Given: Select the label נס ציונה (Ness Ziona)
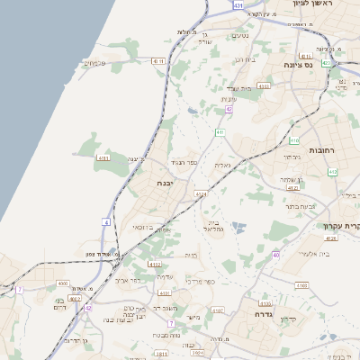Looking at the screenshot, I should point(321,65).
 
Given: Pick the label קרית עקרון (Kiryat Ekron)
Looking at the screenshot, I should point(341,225).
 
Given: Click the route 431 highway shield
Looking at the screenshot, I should point(238,5).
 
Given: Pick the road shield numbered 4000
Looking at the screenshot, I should point(64,283).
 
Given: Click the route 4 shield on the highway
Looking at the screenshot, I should point(106,221).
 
